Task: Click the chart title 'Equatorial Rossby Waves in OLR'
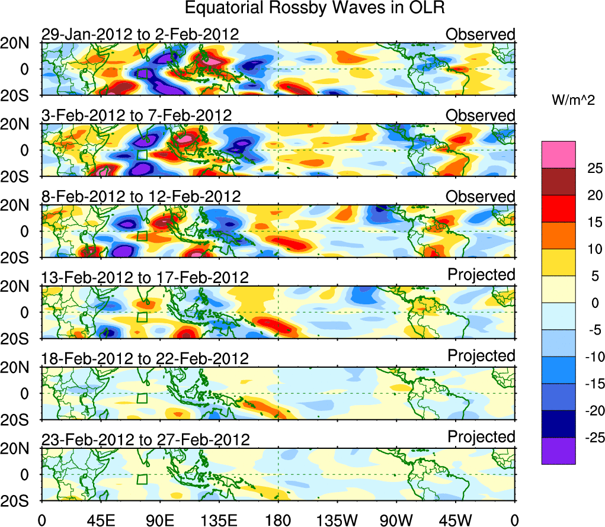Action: point(314,8)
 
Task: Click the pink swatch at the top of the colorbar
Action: point(558,155)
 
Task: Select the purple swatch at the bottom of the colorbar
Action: point(558,451)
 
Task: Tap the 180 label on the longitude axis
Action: point(278,520)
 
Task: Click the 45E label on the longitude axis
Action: point(100,520)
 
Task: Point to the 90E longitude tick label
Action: point(159,520)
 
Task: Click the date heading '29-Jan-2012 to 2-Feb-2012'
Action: point(140,34)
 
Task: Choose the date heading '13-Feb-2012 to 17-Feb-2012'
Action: point(145,277)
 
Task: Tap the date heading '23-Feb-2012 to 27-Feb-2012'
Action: point(145,439)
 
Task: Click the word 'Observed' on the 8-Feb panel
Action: point(481,197)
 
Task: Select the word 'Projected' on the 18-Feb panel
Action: point(481,356)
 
